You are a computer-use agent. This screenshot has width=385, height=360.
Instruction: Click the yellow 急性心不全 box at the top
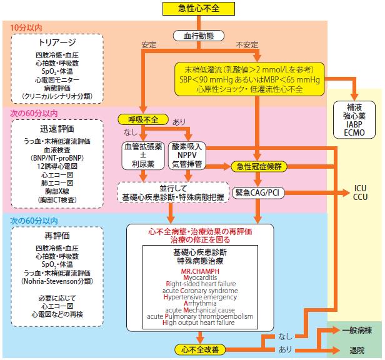[x=199, y=9]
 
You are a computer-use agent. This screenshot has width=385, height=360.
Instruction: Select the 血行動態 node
[x=199, y=36]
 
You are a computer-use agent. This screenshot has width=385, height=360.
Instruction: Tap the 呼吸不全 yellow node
[x=143, y=119]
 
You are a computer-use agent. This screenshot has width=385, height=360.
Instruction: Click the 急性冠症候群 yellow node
[x=259, y=166]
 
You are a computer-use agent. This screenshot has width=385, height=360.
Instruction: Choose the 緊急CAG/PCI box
[x=258, y=192]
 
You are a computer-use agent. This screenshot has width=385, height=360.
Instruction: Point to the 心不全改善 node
[x=200, y=349]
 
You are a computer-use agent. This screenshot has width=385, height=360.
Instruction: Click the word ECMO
[x=354, y=133]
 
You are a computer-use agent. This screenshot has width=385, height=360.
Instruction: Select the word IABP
[x=354, y=124]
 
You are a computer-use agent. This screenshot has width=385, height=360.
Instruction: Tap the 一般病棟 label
[x=357, y=330]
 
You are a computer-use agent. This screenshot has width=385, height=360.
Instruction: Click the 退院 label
[x=357, y=350]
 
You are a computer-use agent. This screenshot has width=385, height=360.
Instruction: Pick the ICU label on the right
[x=360, y=188]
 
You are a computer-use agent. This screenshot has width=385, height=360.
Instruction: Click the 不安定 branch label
[x=247, y=45]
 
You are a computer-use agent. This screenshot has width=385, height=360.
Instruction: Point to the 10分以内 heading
[x=26, y=27]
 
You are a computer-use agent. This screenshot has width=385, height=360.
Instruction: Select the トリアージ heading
[x=57, y=42]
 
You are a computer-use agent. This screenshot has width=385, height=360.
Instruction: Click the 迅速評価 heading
[x=57, y=129]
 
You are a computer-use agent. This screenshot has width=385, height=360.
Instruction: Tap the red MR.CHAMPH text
[x=200, y=271]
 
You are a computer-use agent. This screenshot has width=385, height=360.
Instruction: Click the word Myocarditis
[x=200, y=277]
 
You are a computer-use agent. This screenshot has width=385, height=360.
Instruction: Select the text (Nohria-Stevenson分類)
[x=57, y=281]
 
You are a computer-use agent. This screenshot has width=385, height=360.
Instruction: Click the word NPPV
[x=187, y=155]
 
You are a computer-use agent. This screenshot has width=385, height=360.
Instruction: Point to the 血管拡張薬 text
[x=143, y=147]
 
